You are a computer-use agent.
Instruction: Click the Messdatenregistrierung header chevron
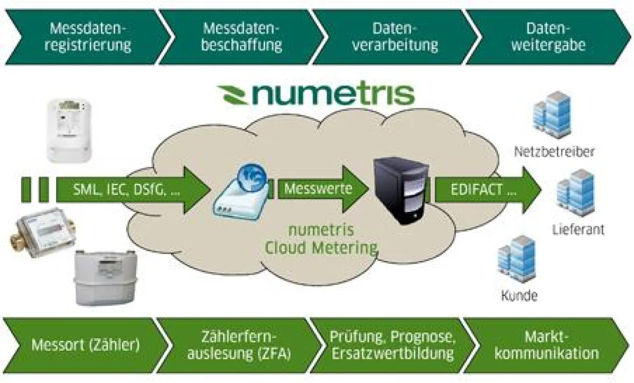click(87, 36)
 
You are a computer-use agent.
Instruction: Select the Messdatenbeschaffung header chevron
click(241, 36)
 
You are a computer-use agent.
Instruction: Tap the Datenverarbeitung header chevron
click(395, 36)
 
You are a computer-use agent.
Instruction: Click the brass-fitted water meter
click(42, 230)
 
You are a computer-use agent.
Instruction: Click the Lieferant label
click(578, 230)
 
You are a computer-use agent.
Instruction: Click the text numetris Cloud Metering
click(321, 239)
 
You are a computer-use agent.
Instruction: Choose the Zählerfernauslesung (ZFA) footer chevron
click(238, 345)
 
